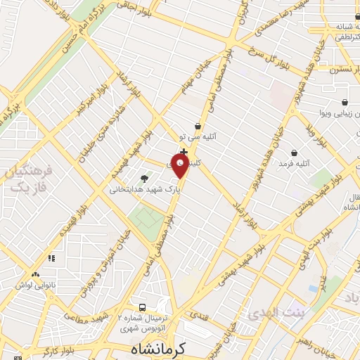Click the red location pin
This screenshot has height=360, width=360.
click(x=181, y=167)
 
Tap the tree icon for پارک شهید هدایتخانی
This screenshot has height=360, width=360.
click(x=145, y=179)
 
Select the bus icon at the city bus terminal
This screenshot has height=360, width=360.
click(x=143, y=307)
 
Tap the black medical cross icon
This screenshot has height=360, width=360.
click(x=184, y=152)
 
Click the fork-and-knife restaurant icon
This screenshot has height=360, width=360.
click(x=51, y=259)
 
